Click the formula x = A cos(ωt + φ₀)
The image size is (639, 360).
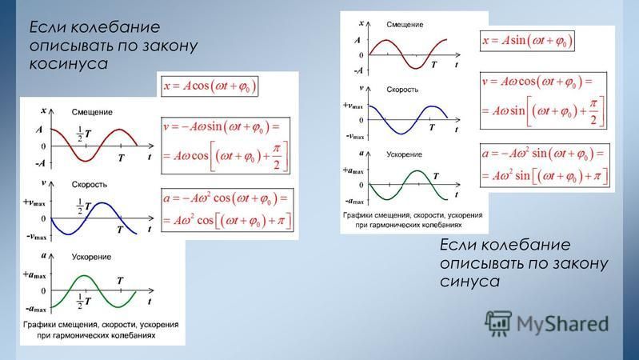210,86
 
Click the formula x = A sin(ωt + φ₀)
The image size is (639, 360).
527,41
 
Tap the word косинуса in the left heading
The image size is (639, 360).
69,64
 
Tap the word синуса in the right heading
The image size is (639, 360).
469,282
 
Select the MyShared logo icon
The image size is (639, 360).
498,323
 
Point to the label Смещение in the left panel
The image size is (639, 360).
92,112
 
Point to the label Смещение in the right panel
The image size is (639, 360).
405,25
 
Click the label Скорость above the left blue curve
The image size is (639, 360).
90,184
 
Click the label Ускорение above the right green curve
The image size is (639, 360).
404,154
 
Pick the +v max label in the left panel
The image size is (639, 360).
34,202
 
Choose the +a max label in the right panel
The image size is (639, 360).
353,170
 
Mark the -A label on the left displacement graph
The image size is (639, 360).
40,163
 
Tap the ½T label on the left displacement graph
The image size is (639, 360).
84,134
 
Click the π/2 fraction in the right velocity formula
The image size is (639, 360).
593,112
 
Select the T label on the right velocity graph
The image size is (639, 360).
432,128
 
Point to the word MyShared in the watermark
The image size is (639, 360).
562,324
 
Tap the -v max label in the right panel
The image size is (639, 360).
355,136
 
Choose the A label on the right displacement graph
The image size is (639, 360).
357,40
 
